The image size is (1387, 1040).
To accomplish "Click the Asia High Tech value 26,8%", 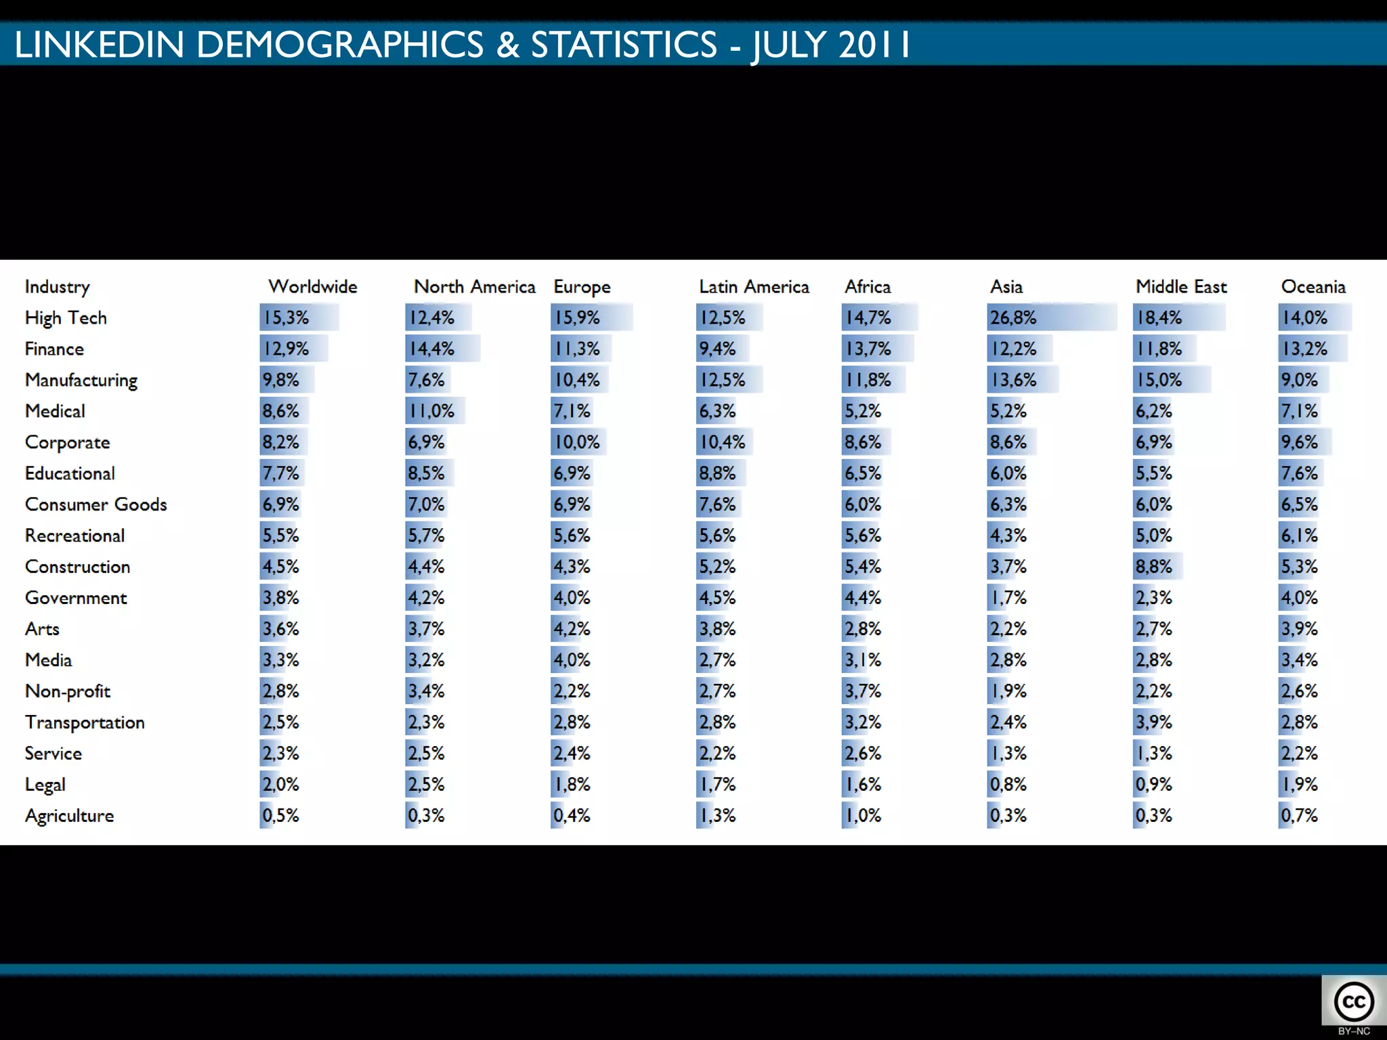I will pos(1013,318).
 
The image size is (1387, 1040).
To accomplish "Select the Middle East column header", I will pos(1181,286).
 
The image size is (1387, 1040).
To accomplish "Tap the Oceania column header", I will pos(1313,286).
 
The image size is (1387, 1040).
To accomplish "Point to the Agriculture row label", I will pos(69,816).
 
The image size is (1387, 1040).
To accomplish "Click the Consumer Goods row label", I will pos(95,504).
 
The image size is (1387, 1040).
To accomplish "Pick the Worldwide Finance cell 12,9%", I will pos(286,349).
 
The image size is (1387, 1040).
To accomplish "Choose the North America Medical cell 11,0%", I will pos(431,411).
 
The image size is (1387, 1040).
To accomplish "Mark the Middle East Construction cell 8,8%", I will pos(1153,567).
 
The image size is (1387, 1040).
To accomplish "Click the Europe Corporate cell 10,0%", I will pos(577,442).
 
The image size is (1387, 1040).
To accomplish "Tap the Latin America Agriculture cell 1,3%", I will pos(717,815).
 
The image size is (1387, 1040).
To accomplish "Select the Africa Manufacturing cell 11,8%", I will pos(868,380).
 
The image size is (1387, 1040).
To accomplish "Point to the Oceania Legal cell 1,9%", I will pos(1299,784).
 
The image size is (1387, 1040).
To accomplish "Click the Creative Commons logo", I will pos(1354,1003).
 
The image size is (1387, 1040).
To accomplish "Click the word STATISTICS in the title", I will pos(623,45).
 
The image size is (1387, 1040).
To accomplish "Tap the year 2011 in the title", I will pos(874,45).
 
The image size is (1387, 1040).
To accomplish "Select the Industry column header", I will pos(57,287).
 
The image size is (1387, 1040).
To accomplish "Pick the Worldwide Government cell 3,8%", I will pos(280,598).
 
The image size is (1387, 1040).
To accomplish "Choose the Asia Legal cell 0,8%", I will pos(1008,784).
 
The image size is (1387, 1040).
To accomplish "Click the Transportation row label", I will pos(85,722).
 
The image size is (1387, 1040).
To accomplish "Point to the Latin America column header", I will pos(754,286).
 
